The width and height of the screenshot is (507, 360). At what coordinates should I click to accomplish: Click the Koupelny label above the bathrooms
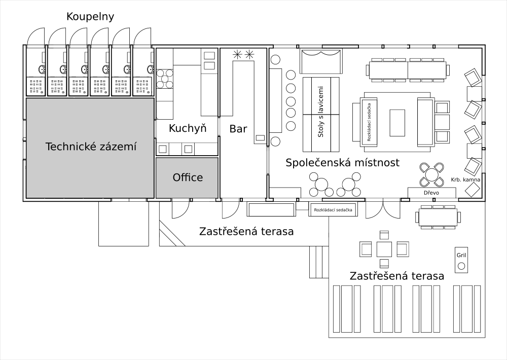90,17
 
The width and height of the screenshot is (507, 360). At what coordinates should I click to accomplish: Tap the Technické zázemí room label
91,147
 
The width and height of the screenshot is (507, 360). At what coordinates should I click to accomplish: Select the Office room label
188,177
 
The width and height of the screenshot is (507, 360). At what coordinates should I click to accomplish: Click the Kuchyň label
188,128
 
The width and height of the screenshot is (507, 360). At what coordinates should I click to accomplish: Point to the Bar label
238,129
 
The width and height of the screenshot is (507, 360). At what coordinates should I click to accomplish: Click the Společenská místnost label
342,162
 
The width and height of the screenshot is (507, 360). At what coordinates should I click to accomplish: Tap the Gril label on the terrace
461,255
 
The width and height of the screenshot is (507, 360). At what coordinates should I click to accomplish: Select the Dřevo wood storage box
431,193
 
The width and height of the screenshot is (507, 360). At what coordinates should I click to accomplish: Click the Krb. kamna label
465,179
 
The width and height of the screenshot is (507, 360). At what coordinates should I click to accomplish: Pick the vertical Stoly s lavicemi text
321,112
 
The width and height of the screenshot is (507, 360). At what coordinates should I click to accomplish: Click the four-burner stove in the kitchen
165,79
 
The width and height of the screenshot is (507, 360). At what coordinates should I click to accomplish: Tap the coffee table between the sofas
397,123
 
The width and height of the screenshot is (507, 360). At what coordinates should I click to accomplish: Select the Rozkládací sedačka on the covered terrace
333,210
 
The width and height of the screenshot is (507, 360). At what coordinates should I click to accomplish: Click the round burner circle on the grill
461,266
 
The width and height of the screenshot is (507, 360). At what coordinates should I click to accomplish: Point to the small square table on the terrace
384,249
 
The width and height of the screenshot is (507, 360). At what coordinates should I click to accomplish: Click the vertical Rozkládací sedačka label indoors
369,122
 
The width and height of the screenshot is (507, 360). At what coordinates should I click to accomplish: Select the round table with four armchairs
431,174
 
